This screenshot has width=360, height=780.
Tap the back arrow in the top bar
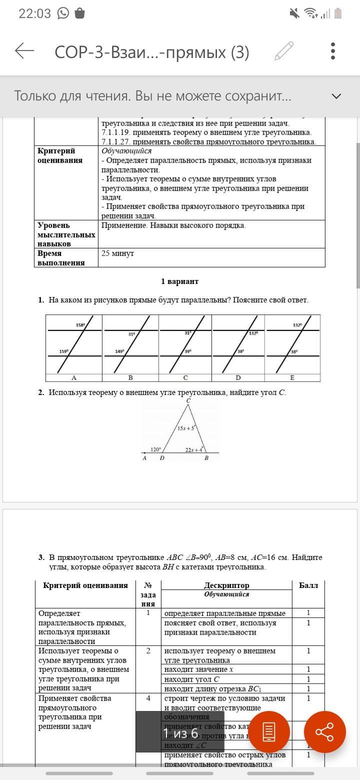coord(24,50)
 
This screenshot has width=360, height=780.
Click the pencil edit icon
coord(284,51)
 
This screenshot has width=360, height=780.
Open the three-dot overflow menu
coord(333,51)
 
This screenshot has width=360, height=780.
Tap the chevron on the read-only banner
coord(336,96)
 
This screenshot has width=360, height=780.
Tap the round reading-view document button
coord(269,732)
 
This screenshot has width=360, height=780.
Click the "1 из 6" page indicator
coord(180,733)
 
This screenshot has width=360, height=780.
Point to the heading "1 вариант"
coord(179,281)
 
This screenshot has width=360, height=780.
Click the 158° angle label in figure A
coord(80,325)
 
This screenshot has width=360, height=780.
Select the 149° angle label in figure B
coord(119,351)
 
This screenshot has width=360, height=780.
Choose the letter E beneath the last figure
coord(292,377)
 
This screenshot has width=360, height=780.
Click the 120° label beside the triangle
coord(156,449)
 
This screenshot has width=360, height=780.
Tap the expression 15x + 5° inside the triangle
coord(185,428)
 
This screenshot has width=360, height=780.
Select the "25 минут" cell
coord(117,253)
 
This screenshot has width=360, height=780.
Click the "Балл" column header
coord(308,585)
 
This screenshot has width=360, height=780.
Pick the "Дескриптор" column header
coord(226,585)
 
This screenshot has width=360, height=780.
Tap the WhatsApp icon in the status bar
coord(63,13)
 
